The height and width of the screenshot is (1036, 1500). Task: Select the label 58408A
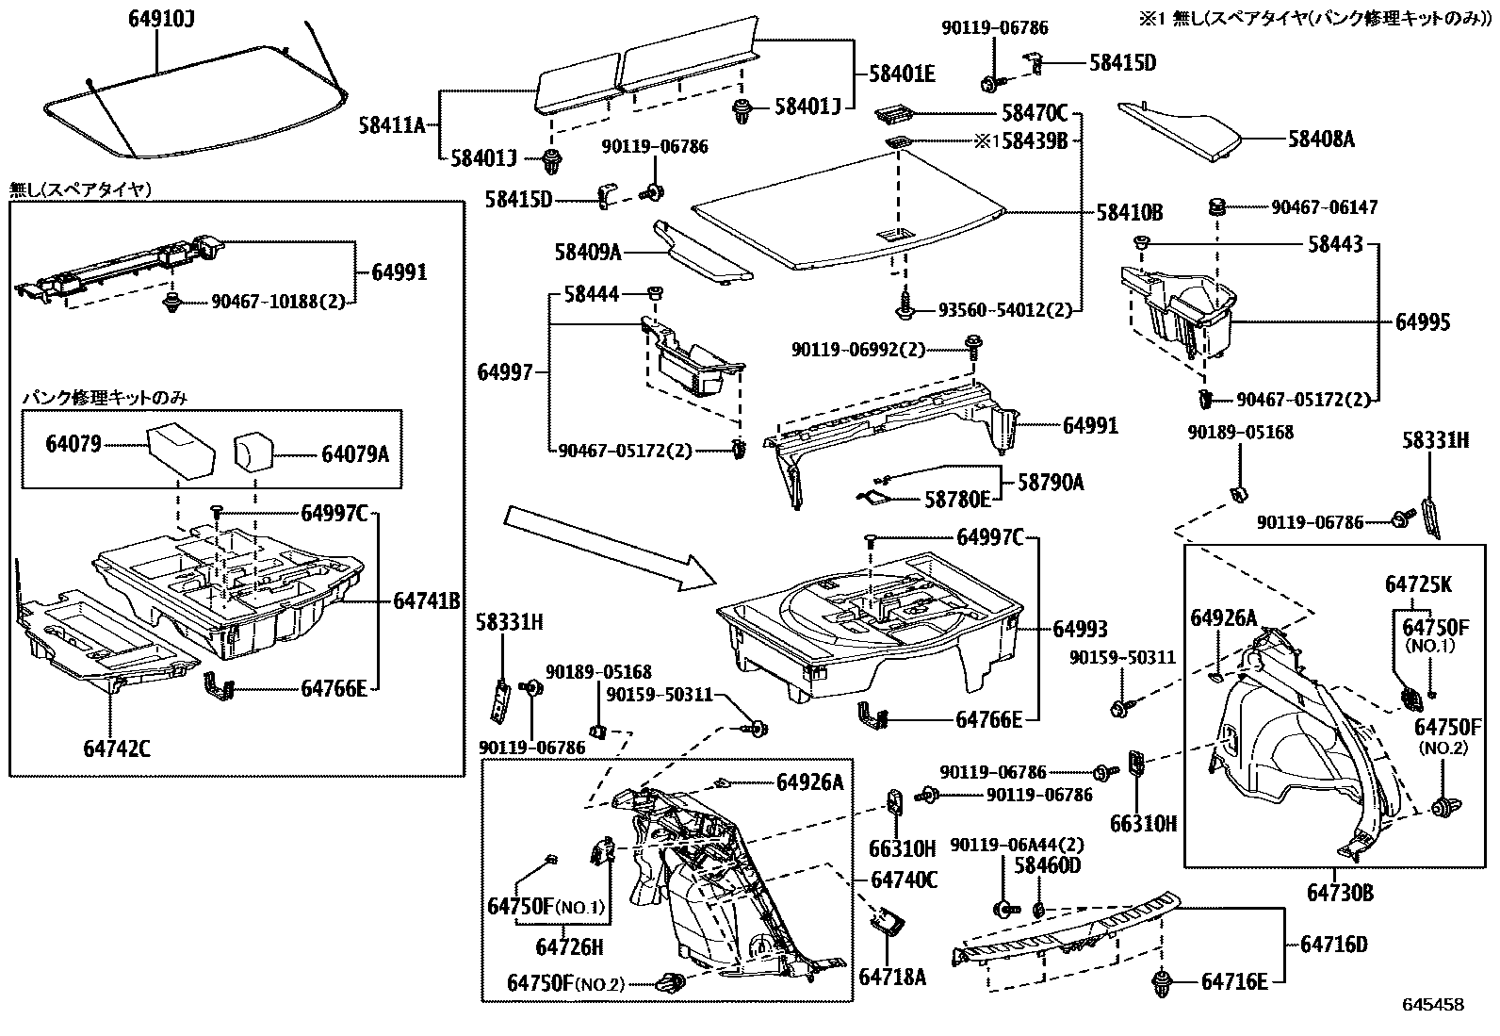(1321, 140)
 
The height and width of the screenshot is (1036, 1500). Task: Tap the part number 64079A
(355, 454)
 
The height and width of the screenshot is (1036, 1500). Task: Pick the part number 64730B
(1339, 892)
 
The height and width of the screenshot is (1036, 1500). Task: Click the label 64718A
(892, 977)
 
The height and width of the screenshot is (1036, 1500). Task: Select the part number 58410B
(1129, 213)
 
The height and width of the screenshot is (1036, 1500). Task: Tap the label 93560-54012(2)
(1004, 309)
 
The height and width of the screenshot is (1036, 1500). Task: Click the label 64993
(1080, 629)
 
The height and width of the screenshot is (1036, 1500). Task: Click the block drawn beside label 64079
(181, 450)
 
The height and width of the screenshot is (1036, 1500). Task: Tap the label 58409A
(588, 252)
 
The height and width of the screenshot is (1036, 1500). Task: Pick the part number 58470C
(1034, 114)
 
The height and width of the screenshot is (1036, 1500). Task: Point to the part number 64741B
(426, 600)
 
